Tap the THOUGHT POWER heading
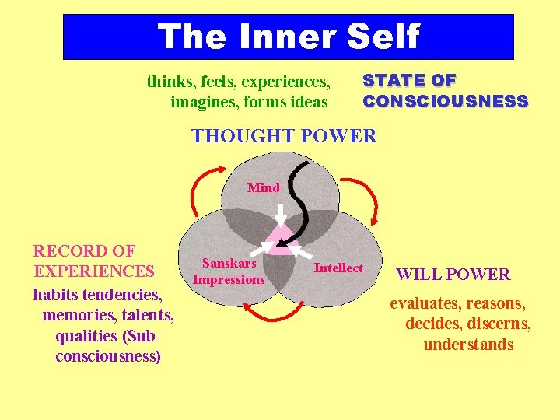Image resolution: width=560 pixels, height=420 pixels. coord(284,137)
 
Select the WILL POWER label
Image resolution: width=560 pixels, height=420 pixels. coord(453,275)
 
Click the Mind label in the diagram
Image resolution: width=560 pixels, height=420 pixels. coord(264,187)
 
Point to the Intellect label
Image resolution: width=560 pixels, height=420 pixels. coord(338,268)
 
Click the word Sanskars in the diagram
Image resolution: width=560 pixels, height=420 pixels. coord(229,264)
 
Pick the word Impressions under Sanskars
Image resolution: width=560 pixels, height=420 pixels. coord(229,280)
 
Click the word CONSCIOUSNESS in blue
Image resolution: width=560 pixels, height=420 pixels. coord(446,101)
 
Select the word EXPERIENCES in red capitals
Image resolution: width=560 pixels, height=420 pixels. coord(93,271)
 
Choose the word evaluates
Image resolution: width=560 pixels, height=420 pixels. coord(426,304)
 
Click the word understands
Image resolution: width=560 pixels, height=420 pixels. coord(468,345)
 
